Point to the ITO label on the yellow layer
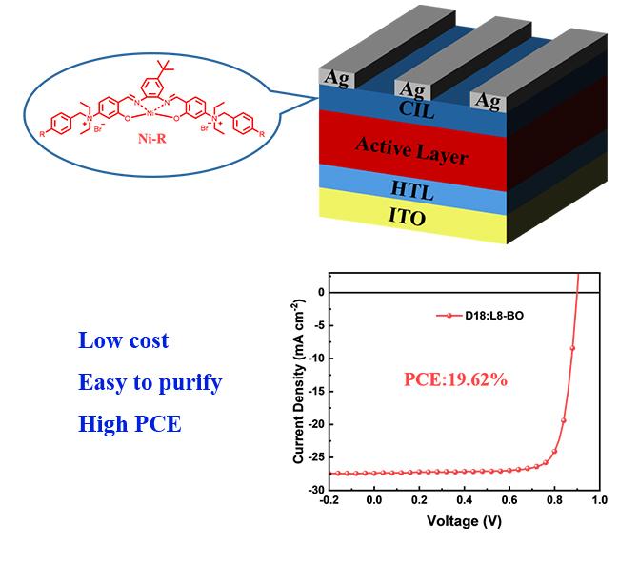[407, 217]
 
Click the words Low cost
[123, 340]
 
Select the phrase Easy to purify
[150, 382]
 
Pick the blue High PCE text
[130, 424]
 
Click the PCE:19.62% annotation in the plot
[456, 379]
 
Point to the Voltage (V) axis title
[464, 522]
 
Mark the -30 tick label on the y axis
[315, 491]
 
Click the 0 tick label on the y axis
[321, 292]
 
